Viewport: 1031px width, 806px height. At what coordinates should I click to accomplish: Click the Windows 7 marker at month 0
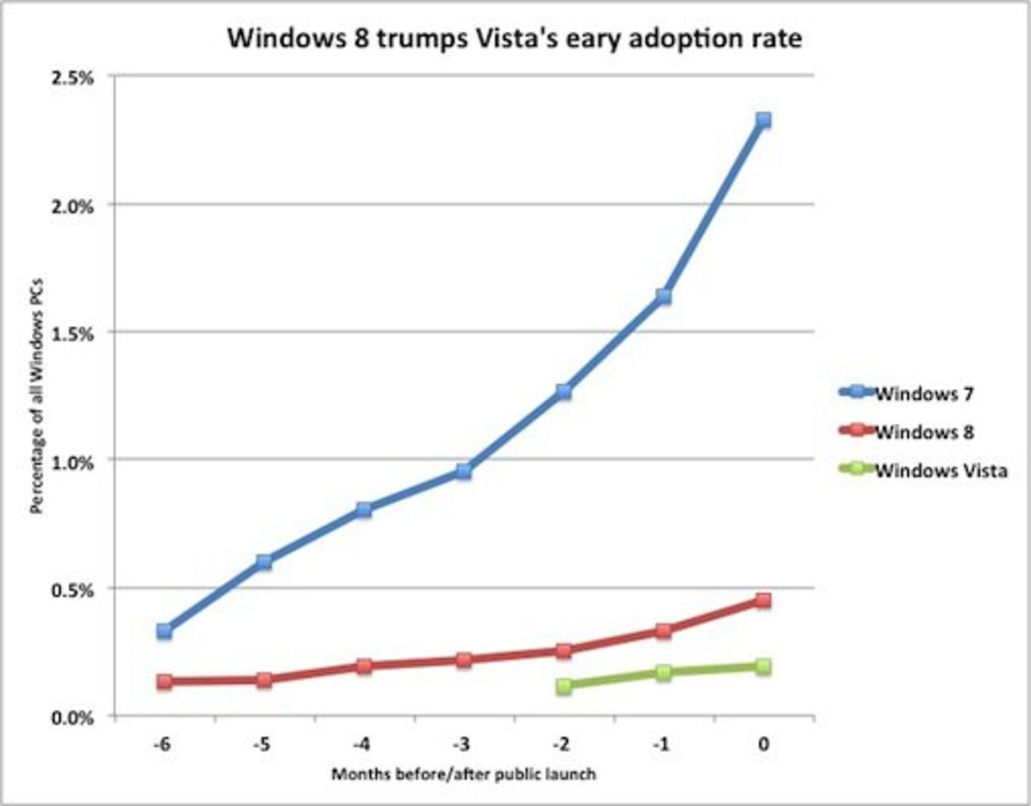tap(763, 120)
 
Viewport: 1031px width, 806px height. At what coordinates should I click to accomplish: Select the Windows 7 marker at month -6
tap(164, 630)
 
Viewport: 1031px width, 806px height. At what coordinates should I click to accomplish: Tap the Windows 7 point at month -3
tap(463, 472)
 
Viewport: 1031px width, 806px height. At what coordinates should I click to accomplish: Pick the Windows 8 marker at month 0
tap(763, 600)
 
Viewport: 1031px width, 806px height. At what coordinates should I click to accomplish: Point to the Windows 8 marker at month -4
tap(363, 666)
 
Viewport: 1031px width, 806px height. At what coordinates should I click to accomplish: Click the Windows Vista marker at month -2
tap(563, 686)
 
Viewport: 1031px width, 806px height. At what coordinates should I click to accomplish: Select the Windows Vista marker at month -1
tap(663, 672)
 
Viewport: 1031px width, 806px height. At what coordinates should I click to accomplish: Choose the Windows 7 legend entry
tap(923, 393)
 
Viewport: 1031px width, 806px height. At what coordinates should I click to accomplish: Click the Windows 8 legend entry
tap(923, 432)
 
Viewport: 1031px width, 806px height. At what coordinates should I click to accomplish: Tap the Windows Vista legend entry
tap(940, 470)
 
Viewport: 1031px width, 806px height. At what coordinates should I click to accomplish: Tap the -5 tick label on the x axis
tap(261, 745)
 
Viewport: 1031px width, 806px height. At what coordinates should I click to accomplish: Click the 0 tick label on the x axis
tap(763, 745)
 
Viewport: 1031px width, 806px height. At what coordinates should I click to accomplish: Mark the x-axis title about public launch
tap(464, 775)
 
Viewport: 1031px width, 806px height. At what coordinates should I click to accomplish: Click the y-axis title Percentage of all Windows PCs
tap(36, 397)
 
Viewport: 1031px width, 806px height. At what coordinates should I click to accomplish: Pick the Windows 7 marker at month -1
tap(663, 297)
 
